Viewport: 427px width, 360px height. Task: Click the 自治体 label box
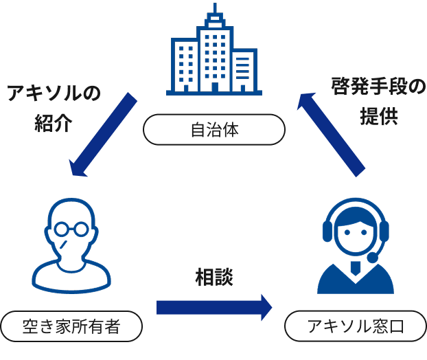click(x=213, y=129)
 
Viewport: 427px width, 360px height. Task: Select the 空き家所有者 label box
click(x=71, y=326)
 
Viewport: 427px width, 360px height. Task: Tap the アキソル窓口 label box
click(x=355, y=326)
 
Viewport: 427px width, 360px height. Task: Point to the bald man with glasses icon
click(x=71, y=244)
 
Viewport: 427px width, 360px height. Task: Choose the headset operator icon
click(x=355, y=247)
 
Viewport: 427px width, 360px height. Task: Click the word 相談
click(x=214, y=277)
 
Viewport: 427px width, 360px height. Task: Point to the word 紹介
click(x=54, y=124)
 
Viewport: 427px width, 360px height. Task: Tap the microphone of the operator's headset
click(x=373, y=258)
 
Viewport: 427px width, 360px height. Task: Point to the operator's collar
click(x=354, y=269)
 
